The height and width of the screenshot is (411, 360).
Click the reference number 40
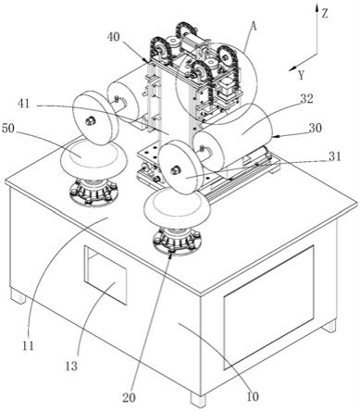click(x=114, y=37)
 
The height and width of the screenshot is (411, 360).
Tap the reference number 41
click(x=24, y=104)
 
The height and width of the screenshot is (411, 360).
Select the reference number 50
click(x=8, y=129)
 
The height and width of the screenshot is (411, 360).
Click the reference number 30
click(x=315, y=128)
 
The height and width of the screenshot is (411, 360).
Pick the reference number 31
click(x=334, y=156)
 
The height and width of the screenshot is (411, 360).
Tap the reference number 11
click(x=28, y=346)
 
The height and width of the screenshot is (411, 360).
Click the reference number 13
click(x=71, y=367)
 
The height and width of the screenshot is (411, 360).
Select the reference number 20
click(x=129, y=398)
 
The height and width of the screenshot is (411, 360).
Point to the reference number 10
click(x=253, y=397)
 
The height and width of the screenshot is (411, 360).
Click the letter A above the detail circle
click(x=254, y=27)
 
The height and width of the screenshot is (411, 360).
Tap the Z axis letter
click(x=324, y=14)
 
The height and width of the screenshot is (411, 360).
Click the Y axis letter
click(x=302, y=75)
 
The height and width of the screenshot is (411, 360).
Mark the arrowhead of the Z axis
click(x=317, y=7)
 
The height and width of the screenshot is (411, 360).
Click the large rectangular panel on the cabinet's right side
click(x=269, y=307)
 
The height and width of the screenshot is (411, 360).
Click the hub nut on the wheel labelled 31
click(x=176, y=169)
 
